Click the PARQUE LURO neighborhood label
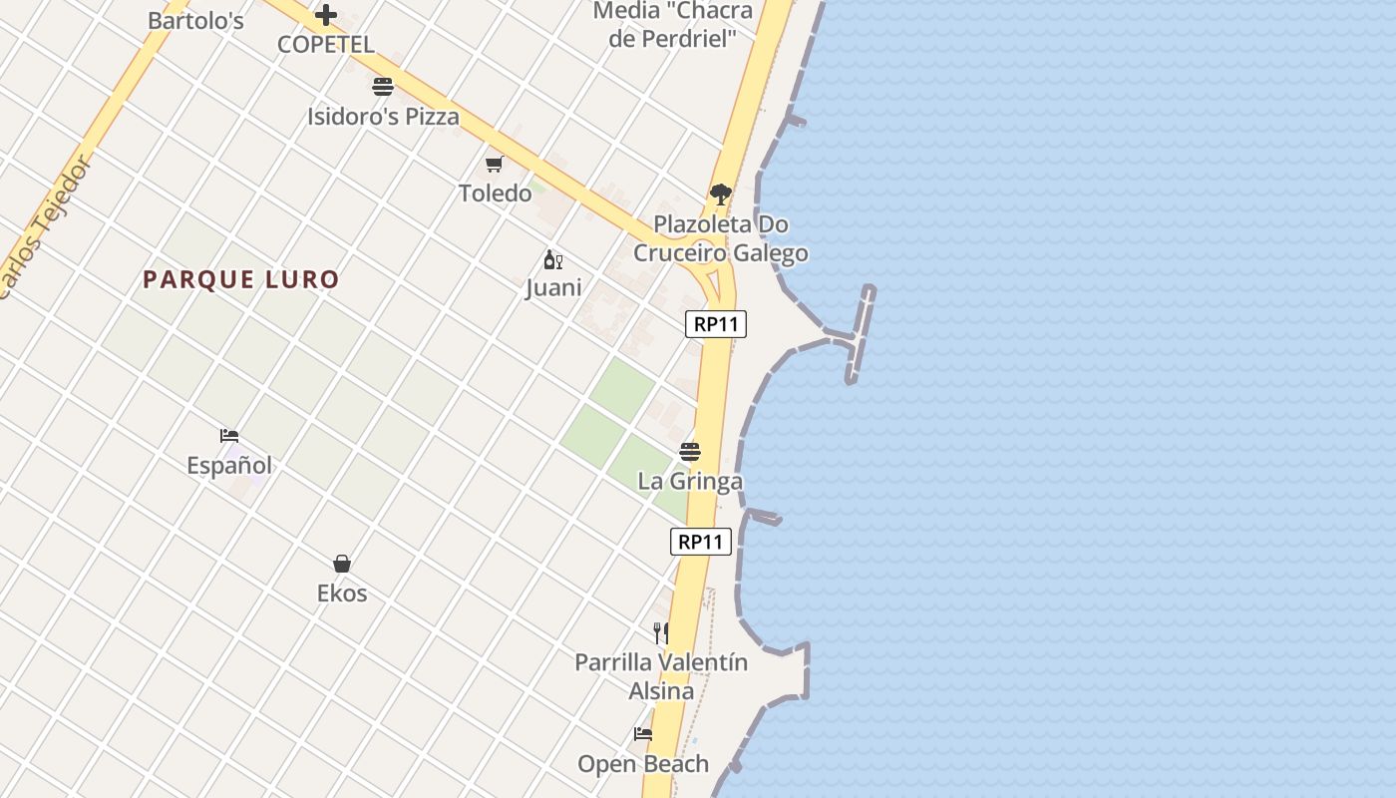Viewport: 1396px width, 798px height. coord(241,279)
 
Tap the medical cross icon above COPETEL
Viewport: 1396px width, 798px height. coord(326,15)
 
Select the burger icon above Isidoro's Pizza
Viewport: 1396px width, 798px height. coord(383,87)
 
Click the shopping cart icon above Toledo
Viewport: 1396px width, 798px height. coord(495,164)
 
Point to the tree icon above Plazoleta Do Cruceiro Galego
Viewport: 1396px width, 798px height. coord(721,195)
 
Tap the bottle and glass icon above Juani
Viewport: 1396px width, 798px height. coord(552,260)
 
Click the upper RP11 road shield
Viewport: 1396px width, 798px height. coord(716,324)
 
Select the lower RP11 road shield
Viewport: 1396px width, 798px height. coord(701,542)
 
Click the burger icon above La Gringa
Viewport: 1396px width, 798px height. coord(690,452)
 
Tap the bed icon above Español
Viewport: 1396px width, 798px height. coord(229,436)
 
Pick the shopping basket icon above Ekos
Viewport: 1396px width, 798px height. coord(342,564)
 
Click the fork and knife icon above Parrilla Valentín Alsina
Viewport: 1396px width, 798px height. coord(660,632)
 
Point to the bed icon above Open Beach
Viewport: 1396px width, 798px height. coord(643,734)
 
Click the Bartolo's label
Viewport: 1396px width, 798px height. coord(195,20)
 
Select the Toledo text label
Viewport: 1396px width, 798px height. coord(495,193)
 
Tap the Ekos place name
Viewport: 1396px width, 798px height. coord(342,594)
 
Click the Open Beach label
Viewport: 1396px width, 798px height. coord(643,764)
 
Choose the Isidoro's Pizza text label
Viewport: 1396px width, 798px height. coord(383,117)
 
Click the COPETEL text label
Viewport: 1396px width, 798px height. coord(326,45)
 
